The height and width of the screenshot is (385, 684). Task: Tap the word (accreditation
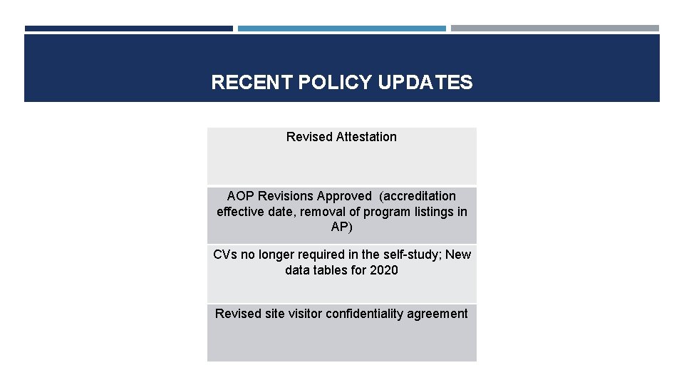(x=418, y=196)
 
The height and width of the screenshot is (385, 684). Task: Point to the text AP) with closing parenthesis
(x=341, y=227)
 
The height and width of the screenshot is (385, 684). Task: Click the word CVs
(x=225, y=255)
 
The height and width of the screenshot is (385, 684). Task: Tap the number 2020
(x=384, y=271)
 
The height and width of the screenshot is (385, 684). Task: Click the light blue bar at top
(x=341, y=29)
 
